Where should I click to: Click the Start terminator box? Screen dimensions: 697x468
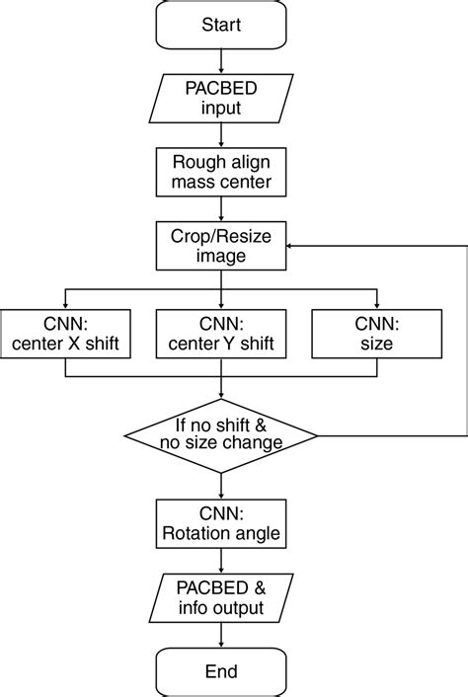pos(220,24)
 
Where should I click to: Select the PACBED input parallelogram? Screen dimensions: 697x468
pos(220,96)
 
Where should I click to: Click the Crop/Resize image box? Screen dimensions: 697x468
pos(220,246)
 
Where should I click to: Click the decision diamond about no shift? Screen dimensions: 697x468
pos(220,434)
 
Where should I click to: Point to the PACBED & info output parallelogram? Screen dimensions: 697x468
pos(220,598)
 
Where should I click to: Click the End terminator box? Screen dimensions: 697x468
pos(220,671)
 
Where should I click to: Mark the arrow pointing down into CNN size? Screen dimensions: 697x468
pos(376,300)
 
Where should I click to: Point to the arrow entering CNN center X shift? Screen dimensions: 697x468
pos(65,300)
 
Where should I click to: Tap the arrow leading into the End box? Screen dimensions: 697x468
pos(220,637)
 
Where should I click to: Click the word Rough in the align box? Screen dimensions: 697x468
pos(196,162)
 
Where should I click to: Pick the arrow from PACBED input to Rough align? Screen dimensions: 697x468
pos(220,134)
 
